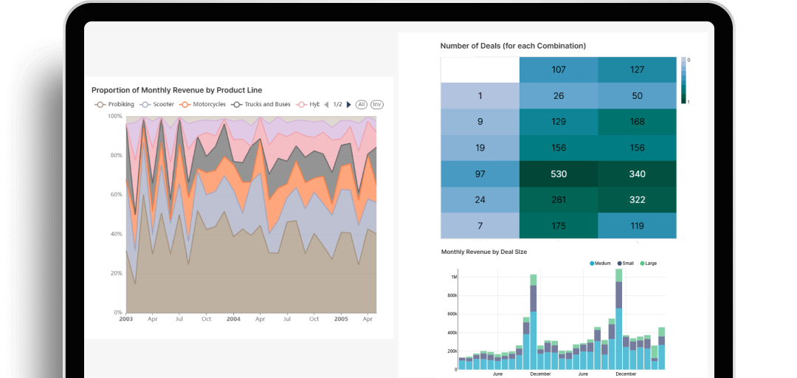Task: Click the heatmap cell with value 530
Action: tap(558, 173)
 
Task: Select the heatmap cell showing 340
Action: tap(637, 173)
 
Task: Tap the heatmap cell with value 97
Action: tap(480, 173)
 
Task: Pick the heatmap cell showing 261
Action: tap(558, 199)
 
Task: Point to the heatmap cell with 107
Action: tap(558, 70)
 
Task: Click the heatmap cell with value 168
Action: tap(637, 122)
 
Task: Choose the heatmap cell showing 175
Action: tap(558, 225)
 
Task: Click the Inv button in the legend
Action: tap(377, 105)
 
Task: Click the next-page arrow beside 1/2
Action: tap(349, 105)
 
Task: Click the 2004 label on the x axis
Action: tap(233, 319)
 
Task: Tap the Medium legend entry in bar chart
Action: tap(601, 264)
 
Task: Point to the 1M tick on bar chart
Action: tap(453, 278)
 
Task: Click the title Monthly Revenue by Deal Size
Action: tap(483, 252)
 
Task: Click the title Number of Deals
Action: tap(513, 46)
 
